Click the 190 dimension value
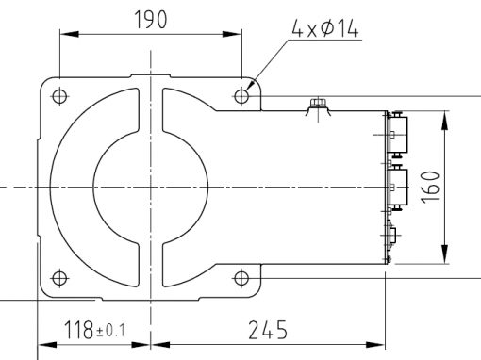(x=151, y=20)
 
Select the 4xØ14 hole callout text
(x=325, y=28)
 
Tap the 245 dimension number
(x=268, y=330)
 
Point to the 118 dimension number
(x=78, y=330)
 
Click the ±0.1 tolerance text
(x=110, y=331)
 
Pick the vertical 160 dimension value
(x=430, y=187)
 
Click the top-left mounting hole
(x=59, y=96)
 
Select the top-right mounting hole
(x=241, y=96)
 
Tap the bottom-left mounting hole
(x=59, y=278)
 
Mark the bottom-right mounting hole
(x=241, y=278)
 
